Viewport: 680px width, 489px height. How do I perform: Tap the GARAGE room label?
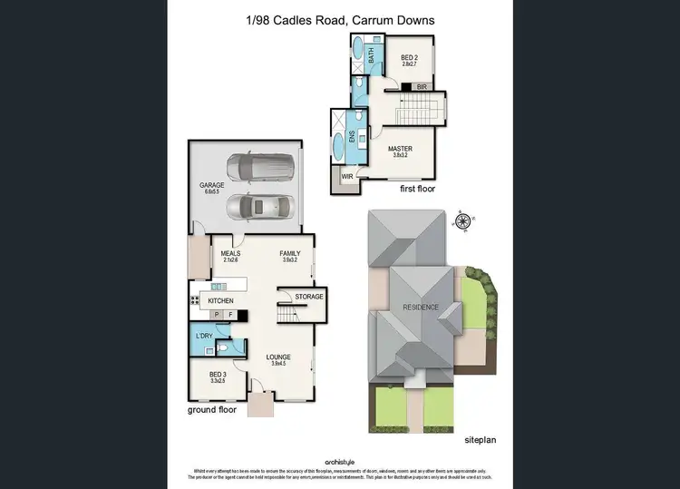click(x=212, y=185)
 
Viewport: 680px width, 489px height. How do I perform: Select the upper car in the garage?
click(x=260, y=166)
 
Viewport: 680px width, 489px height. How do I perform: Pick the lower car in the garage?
click(x=260, y=207)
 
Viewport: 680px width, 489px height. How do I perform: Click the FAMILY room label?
click(x=290, y=254)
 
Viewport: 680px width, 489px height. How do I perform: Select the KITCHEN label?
click(x=221, y=300)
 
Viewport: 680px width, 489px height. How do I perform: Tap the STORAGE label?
click(x=304, y=297)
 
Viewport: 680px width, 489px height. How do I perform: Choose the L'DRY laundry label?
click(x=205, y=337)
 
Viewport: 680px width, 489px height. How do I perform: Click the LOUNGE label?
click(x=279, y=357)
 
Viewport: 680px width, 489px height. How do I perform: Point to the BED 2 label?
click(x=410, y=59)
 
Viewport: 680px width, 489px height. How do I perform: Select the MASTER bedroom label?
click(x=400, y=148)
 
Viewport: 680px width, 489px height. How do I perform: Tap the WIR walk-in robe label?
click(x=347, y=176)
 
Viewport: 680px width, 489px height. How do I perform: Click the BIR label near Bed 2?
click(x=422, y=86)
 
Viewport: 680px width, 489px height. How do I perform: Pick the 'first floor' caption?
click(x=422, y=190)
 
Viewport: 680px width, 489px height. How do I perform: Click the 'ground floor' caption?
click(x=213, y=410)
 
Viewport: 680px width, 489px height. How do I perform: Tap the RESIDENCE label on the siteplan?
click(x=422, y=307)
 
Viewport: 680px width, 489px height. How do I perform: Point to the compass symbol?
click(x=464, y=220)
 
